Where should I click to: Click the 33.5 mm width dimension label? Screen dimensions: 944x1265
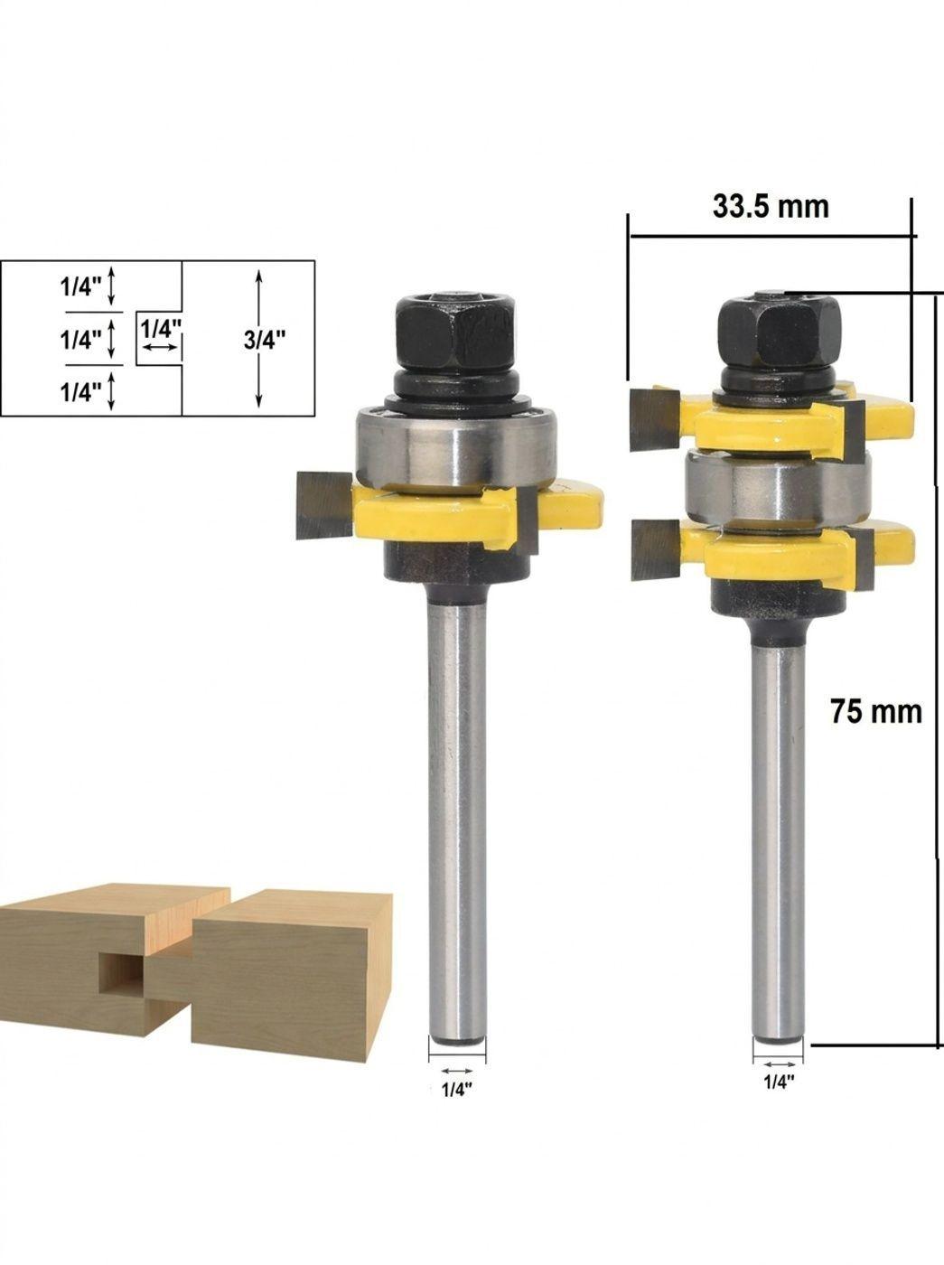pyautogui.click(x=771, y=206)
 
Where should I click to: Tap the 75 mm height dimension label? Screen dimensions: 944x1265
pyautogui.click(x=875, y=711)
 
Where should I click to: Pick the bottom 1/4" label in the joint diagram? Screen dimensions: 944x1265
pyautogui.click(x=80, y=392)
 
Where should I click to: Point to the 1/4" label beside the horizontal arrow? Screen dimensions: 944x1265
pyautogui.click(x=162, y=329)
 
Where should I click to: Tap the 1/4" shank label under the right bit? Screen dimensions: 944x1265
pyautogui.click(x=779, y=1082)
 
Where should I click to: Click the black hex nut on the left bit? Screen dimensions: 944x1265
pyautogui.click(x=455, y=333)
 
